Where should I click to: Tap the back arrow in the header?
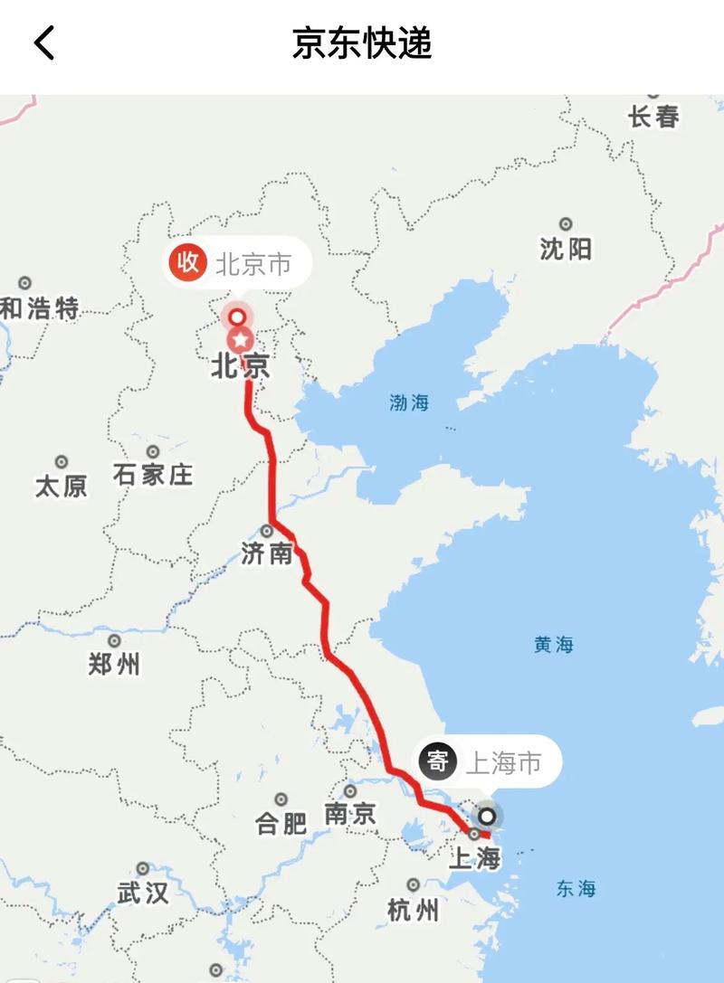click(43, 43)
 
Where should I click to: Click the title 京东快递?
click(362, 43)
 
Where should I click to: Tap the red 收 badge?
click(186, 263)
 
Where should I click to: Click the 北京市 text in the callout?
click(252, 264)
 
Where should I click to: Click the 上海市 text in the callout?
click(503, 763)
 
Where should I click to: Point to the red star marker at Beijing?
click(241, 341)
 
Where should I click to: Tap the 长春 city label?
click(653, 117)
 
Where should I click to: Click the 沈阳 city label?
click(566, 249)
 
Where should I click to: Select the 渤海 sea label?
click(409, 403)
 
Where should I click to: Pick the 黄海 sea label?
click(554, 645)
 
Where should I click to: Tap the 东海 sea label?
click(576, 889)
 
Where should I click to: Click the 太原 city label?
click(62, 487)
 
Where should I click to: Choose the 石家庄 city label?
click(153, 474)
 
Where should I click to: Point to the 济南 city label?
click(267, 553)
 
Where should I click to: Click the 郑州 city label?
click(114, 665)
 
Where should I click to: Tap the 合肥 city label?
click(281, 823)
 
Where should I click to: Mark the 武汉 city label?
click(143, 893)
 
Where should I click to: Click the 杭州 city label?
click(413, 909)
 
